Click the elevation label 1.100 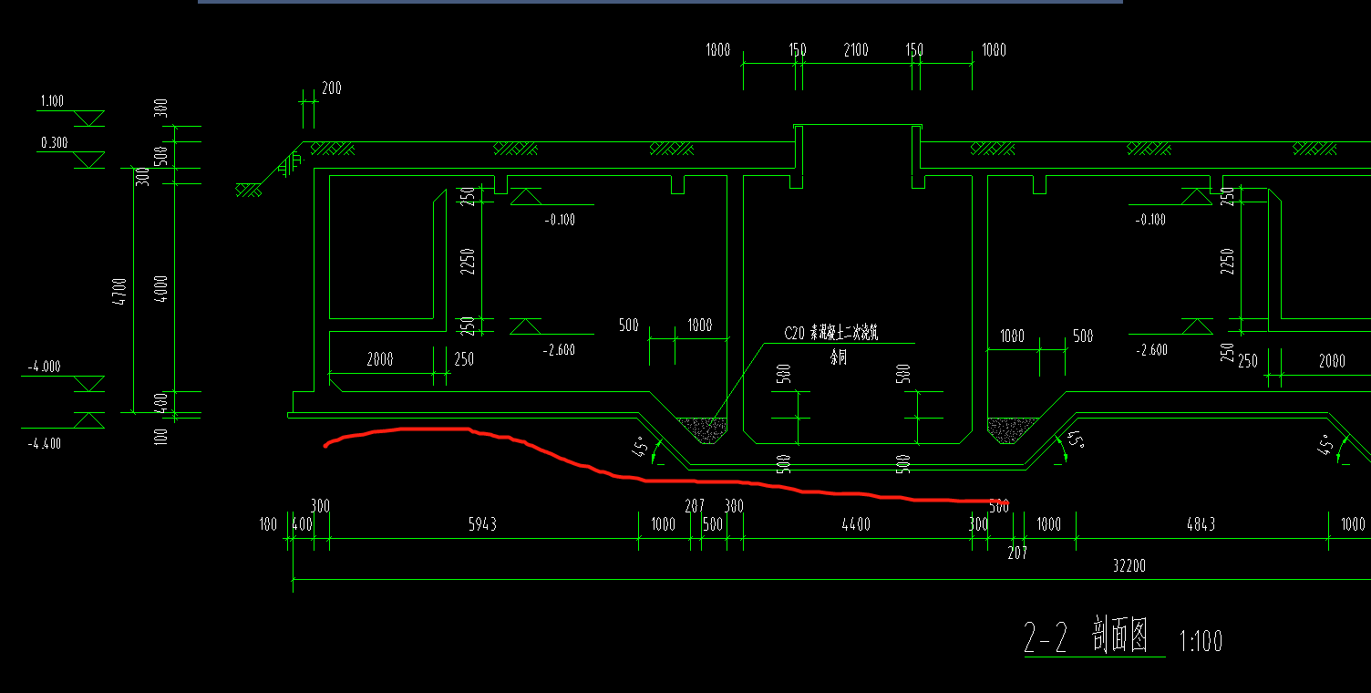click(x=52, y=101)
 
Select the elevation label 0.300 click(x=54, y=143)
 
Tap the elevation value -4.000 click(x=44, y=367)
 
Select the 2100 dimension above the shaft click(x=855, y=50)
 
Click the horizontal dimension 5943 click(x=482, y=524)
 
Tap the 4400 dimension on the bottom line click(x=855, y=524)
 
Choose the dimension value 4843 click(x=1200, y=524)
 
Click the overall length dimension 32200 click(x=1129, y=566)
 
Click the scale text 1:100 click(x=1201, y=641)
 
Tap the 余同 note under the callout click(x=838, y=358)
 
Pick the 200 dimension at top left click(x=331, y=88)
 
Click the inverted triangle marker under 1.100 click(x=88, y=119)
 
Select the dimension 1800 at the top click(x=718, y=50)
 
